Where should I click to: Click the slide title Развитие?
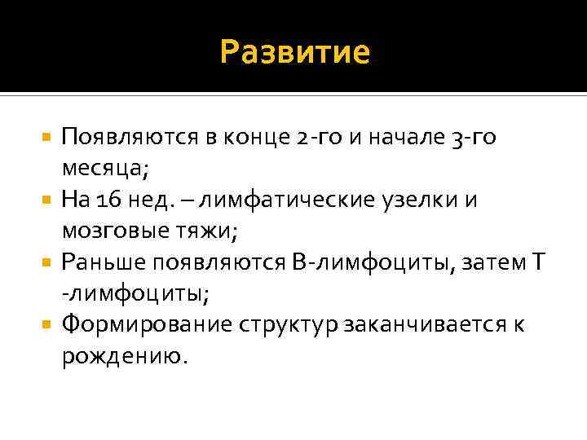click(x=295, y=53)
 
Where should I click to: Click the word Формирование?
click(x=148, y=323)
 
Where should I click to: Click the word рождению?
click(x=123, y=355)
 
